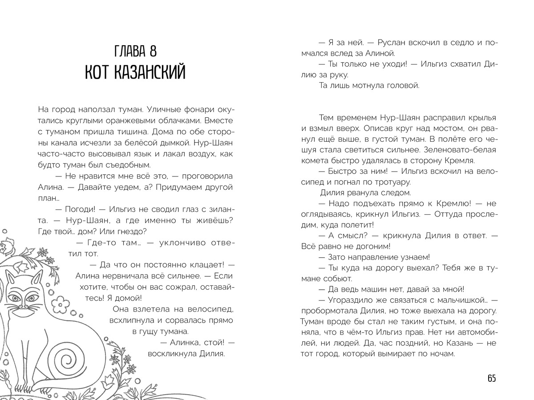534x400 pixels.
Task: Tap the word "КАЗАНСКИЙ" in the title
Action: [x=152, y=72]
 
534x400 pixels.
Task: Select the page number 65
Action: [x=491, y=378]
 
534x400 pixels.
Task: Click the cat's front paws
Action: [x=18, y=382]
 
